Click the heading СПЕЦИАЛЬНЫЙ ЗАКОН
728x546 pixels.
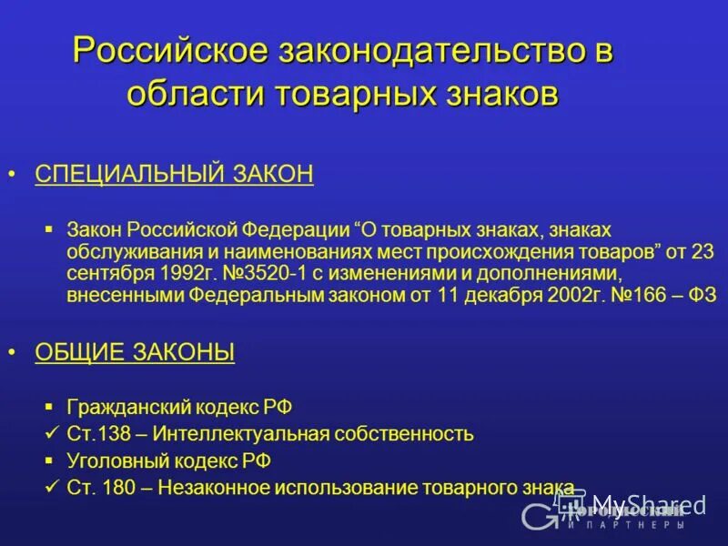pyautogui.click(x=174, y=174)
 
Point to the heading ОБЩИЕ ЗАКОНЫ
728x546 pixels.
pyautogui.click(x=135, y=352)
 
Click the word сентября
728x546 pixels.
pyautogui.click(x=98, y=273)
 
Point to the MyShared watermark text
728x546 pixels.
pyautogui.click(x=648, y=505)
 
